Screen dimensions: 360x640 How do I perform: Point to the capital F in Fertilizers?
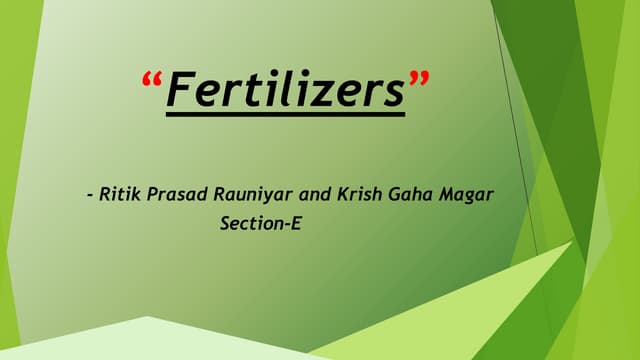pyautogui.click(x=179, y=91)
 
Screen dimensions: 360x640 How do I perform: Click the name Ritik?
pyautogui.click(x=121, y=193)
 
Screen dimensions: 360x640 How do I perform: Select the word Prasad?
pyautogui.click(x=175, y=193)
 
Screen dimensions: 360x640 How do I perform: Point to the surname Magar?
pyautogui.click(x=465, y=193)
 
